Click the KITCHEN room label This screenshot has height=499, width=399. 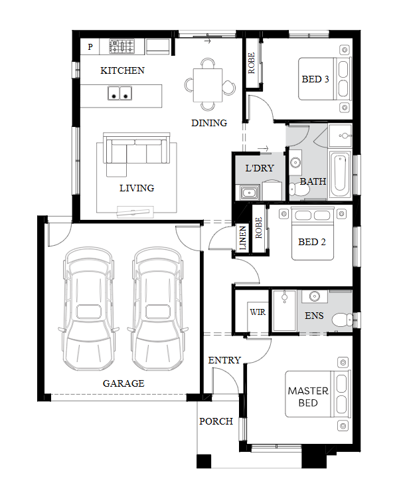tap(122, 70)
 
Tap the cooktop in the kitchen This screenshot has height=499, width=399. tap(122, 46)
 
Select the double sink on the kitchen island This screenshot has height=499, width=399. tap(120, 93)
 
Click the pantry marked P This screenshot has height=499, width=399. tap(90, 47)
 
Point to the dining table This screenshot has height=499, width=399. tap(208, 85)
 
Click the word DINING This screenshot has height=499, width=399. tap(209, 123)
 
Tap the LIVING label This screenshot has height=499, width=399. tap(137, 188)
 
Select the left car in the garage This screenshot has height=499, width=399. tap(89, 308)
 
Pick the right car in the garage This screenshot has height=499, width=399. tap(158, 308)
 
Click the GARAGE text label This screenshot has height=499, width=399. tap(123, 383)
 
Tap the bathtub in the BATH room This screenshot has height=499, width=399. tap(339, 174)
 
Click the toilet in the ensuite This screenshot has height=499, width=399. tap(342, 320)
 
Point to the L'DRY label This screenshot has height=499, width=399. tap(260, 168)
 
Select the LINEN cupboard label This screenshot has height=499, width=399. tap(242, 237)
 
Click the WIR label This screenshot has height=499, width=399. tap(258, 312)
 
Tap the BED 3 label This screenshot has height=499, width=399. tap(315, 79)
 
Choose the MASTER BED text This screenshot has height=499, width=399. tap(308, 397)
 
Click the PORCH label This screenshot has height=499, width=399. tap(216, 421)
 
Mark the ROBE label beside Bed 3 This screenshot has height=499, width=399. tap(251, 63)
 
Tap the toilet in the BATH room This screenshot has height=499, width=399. tap(299, 189)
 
